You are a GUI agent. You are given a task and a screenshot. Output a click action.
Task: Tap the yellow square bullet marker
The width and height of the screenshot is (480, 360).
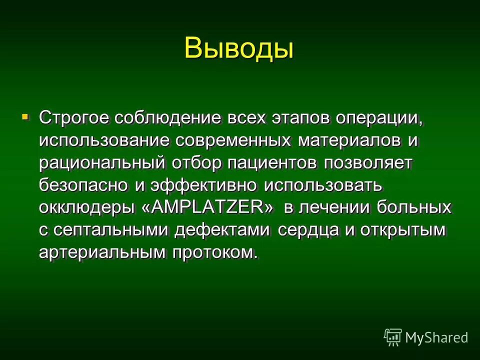click(x=25, y=117)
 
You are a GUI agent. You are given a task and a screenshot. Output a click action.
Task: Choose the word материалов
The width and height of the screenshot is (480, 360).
click(x=349, y=141)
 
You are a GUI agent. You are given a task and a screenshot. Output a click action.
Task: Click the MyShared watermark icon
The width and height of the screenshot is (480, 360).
click(x=393, y=337)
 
